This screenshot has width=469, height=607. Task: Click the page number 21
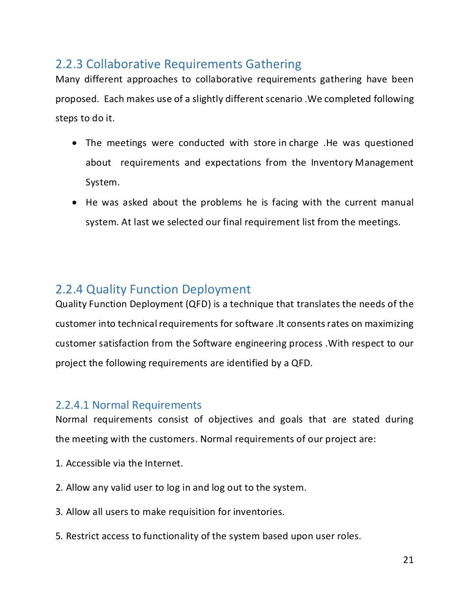408,559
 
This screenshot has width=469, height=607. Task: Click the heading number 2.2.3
69,64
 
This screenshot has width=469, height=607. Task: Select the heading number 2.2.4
69,289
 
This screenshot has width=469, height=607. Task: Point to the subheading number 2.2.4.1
72,405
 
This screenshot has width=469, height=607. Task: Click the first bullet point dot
75,143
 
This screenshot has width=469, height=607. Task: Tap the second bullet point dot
75,202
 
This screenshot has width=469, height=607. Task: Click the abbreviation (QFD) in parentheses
198,304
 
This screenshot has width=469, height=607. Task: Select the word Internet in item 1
164,463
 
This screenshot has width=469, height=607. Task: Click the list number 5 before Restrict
58,536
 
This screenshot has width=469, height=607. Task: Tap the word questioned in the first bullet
389,143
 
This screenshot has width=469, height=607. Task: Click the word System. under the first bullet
103,182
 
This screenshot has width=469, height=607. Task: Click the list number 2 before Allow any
58,488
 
